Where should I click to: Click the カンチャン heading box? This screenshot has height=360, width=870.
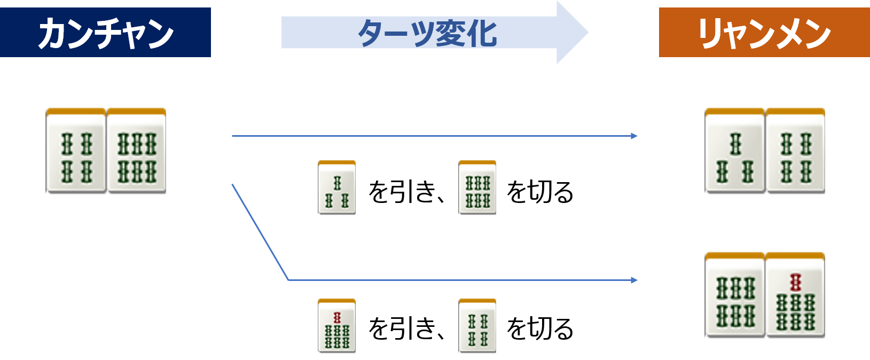[105, 32]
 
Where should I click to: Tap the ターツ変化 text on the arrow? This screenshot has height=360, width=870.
[427, 33]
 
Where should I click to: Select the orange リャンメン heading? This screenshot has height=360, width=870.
[764, 32]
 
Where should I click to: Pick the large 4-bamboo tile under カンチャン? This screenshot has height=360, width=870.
[76, 150]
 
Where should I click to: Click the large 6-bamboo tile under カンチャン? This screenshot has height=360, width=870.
[137, 150]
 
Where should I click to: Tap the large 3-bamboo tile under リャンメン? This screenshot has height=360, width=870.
[735, 150]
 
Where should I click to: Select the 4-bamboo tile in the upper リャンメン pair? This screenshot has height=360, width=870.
[795, 150]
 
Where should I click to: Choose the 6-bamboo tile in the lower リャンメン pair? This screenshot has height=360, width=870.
[735, 294]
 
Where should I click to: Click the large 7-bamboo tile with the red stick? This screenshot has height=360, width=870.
[795, 294]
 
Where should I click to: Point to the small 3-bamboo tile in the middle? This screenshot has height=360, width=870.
[337, 187]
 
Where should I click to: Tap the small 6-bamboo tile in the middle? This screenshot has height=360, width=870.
[477, 187]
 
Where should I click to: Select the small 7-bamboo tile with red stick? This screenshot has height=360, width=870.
[337, 325]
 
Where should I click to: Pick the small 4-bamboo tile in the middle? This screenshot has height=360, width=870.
[477, 325]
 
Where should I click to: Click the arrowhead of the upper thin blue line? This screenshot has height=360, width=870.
[634, 136]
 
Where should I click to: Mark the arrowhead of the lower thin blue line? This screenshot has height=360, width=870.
[634, 280]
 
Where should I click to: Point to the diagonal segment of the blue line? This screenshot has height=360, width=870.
[260, 232]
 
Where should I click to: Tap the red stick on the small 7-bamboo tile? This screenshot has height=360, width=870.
[337, 318]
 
